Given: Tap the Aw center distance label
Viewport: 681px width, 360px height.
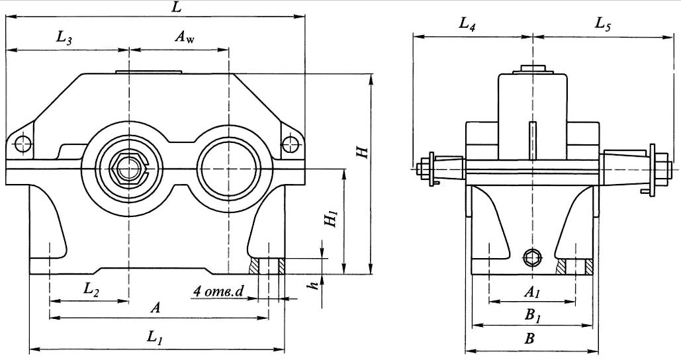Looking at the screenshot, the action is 185,37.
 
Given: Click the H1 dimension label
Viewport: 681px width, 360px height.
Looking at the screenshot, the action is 332,218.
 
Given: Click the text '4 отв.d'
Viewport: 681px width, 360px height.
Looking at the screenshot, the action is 218,292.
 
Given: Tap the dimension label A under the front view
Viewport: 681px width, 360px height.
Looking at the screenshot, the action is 155,308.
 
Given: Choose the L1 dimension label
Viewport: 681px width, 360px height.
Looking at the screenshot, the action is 154,337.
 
